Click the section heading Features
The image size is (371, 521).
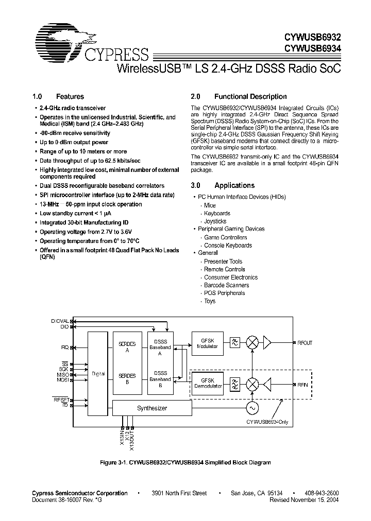tap(70, 96)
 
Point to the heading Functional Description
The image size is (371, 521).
tap(250, 96)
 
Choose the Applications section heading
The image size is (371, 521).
tap(234, 185)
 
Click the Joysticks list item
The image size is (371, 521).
tap(215, 221)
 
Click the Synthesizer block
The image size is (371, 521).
tap(151, 408)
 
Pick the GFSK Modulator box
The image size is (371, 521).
tap(208, 343)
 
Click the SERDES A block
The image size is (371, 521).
tap(127, 346)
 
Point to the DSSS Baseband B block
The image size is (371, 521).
tap(160, 379)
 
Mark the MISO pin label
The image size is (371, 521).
tap(63, 374)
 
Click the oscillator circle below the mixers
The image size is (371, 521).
tap(253, 408)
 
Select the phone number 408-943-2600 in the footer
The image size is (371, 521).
tap(321, 493)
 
